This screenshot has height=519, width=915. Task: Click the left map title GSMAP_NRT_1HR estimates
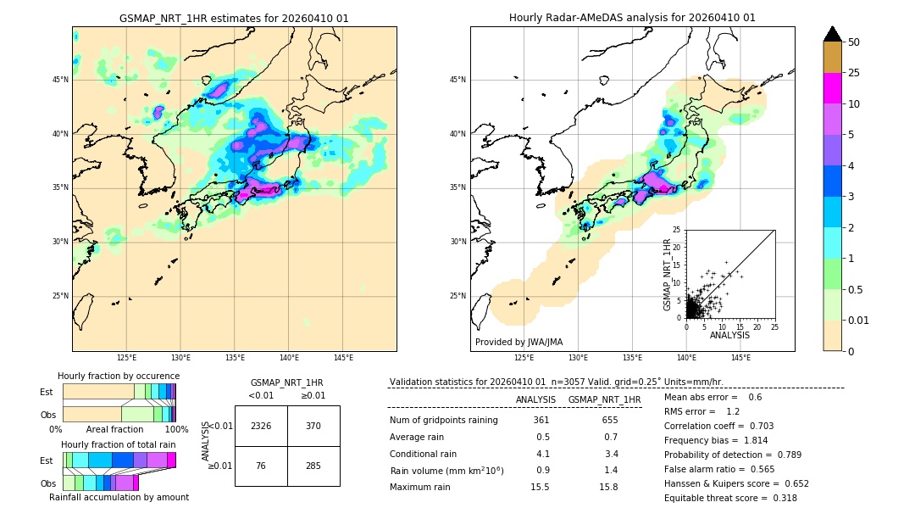pyautogui.click(x=234, y=18)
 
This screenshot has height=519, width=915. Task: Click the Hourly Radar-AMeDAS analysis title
pyautogui.click(x=632, y=18)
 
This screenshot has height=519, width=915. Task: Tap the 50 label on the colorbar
pyautogui.click(x=854, y=42)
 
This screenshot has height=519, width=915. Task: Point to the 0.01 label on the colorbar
pyautogui.click(x=859, y=320)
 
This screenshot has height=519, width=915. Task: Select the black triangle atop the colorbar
pyautogui.click(x=833, y=34)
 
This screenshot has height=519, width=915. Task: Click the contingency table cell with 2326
pyautogui.click(x=261, y=426)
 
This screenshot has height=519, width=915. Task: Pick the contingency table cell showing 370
pyautogui.click(x=313, y=426)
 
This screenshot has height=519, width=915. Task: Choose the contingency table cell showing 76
pyautogui.click(x=261, y=465)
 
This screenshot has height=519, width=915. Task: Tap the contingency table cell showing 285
pyautogui.click(x=313, y=465)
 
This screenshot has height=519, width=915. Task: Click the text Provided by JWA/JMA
pyautogui.click(x=518, y=343)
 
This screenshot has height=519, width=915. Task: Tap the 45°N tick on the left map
pyautogui.click(x=60, y=80)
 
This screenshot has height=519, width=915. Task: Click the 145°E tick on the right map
pyautogui.click(x=740, y=359)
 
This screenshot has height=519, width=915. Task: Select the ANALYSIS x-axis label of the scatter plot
pyautogui.click(x=729, y=335)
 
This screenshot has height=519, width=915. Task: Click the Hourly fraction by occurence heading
pyautogui.click(x=119, y=377)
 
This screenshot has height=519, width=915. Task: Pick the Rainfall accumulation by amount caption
pyautogui.click(x=119, y=498)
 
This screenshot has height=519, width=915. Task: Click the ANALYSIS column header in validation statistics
pyautogui.click(x=535, y=399)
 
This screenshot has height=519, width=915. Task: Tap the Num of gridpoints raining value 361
pyautogui.click(x=541, y=421)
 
